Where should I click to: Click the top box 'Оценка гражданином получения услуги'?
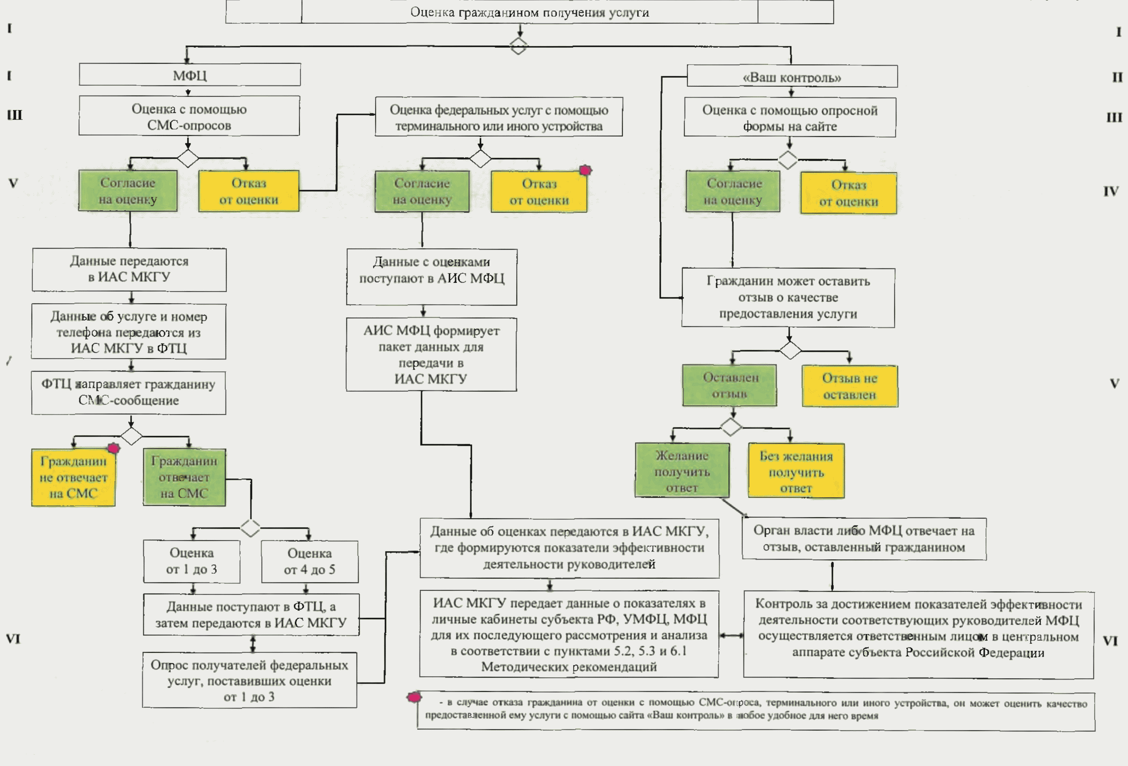coord(529,12)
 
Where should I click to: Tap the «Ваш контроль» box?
coord(791,77)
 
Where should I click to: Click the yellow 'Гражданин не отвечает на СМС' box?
coord(73,477)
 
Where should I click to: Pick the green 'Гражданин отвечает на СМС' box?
coord(185,477)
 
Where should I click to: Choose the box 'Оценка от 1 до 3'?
coord(192,561)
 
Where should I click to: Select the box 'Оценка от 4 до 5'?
coord(310,561)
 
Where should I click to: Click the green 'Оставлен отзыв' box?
coord(730,385)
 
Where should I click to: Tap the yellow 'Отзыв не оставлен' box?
coord(849,386)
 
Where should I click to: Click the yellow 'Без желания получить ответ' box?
coord(796,471)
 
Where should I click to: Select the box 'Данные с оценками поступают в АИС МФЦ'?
coord(432,277)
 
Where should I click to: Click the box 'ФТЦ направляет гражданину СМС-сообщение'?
coord(129,392)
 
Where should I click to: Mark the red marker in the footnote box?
coord(414,698)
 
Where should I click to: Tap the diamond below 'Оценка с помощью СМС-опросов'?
coord(188,158)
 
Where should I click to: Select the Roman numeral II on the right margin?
coord(1117,77)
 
